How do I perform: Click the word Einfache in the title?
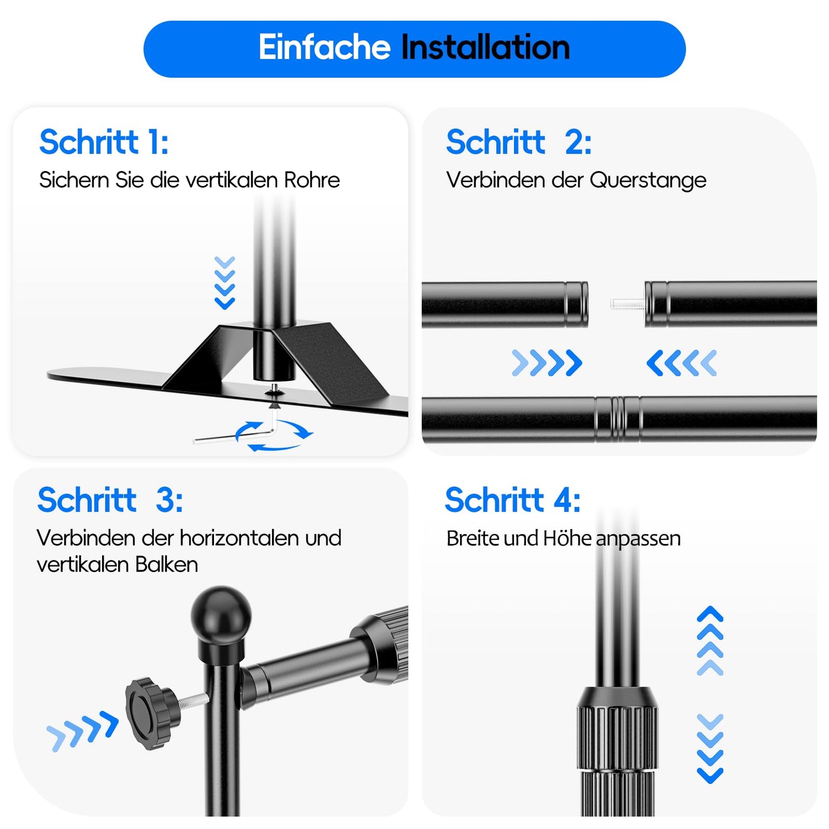[x=324, y=47]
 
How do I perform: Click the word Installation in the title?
[x=485, y=47]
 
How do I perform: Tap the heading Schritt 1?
[x=104, y=142]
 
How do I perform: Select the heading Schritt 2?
[x=519, y=142]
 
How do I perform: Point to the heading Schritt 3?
[x=110, y=500]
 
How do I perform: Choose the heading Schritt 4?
[x=513, y=500]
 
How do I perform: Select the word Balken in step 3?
[x=166, y=565]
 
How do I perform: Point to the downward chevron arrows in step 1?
[x=224, y=283]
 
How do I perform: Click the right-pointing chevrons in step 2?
[x=547, y=363]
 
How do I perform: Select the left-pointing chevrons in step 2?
[x=682, y=363]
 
